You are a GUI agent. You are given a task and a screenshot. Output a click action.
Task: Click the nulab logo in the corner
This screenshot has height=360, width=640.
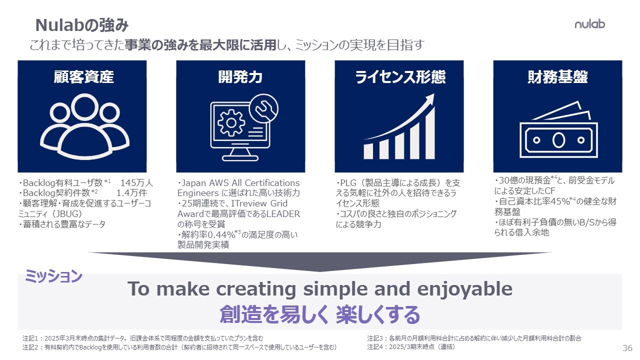point(589,24)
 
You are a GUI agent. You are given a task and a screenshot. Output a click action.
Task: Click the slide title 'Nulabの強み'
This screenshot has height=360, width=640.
point(82,25)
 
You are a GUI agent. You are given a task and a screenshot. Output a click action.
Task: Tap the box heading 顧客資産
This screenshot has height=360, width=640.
point(83,77)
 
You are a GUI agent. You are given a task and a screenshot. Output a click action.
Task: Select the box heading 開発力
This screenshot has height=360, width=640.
point(240,77)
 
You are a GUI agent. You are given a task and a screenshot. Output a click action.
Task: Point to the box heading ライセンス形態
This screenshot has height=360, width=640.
point(400,77)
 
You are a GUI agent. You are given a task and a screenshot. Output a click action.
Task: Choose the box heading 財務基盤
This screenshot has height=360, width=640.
point(557,77)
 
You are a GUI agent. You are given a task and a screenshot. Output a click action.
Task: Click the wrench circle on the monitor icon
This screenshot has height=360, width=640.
point(263,108)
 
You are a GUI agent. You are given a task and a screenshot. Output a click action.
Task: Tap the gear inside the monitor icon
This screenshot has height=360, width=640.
point(231,123)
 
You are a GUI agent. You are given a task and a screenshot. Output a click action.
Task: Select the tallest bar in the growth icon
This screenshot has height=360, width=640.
point(430,133)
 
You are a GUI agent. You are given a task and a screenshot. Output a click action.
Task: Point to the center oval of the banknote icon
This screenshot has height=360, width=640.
point(558,140)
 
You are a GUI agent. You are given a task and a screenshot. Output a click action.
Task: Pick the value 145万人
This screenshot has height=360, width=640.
point(136,183)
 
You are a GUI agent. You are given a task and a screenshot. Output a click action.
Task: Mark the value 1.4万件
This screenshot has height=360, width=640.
point(131,193)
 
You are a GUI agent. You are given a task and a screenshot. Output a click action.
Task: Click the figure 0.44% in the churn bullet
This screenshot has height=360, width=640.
point(220,235)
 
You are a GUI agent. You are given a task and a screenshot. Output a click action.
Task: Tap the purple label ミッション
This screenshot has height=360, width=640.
point(53,276)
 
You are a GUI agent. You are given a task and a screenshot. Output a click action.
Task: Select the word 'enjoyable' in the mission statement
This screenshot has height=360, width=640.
point(465,289)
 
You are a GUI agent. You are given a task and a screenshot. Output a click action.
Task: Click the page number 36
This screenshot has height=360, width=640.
point(627,348)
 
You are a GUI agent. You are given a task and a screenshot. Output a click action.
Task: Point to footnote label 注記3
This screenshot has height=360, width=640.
point(374,338)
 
